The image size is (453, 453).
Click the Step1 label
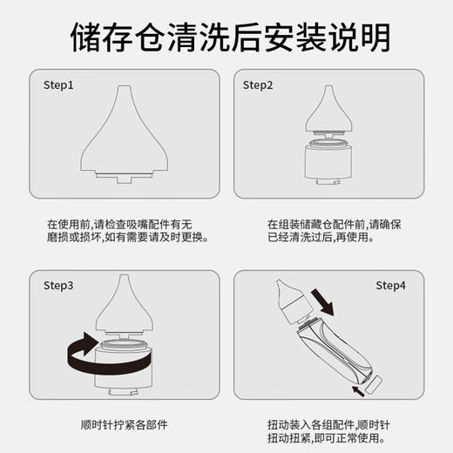(x=58, y=85)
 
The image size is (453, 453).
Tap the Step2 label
(x=258, y=85)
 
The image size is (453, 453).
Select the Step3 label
(x=58, y=285)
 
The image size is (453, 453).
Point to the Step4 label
(x=391, y=285)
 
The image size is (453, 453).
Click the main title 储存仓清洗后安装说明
(x=226, y=36)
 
